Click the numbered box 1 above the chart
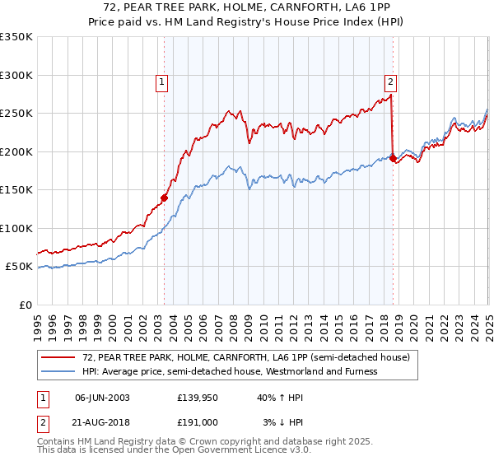pyautogui.click(x=161, y=81)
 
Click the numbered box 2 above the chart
pyautogui.click(x=389, y=81)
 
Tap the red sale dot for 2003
pyautogui.click(x=164, y=198)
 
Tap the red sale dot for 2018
pyautogui.click(x=393, y=158)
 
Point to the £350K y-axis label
pyautogui.click(x=16, y=37)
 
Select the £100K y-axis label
pyautogui.click(x=16, y=228)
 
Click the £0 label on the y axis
pyautogui.click(x=25, y=305)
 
